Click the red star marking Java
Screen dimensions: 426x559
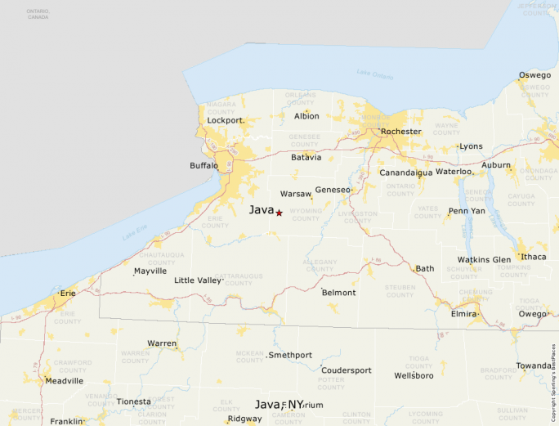(x=279, y=213)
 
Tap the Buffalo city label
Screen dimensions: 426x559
(x=203, y=166)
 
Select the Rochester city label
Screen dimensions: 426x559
(x=401, y=132)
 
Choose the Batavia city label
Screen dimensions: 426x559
(x=306, y=157)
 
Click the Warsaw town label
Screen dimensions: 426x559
(x=295, y=195)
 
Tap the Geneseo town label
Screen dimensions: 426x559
(x=332, y=190)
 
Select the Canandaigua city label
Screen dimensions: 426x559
(x=405, y=173)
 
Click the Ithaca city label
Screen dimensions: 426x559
(x=534, y=257)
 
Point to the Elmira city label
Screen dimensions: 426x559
(x=464, y=313)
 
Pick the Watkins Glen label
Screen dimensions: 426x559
(x=484, y=260)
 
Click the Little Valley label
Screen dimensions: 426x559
(x=198, y=280)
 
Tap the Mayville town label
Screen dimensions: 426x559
(x=150, y=271)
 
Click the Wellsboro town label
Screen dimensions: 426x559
(x=414, y=375)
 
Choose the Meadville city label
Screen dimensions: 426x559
(x=65, y=381)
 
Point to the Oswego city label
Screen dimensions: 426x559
(x=534, y=75)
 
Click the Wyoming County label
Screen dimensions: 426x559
(x=306, y=214)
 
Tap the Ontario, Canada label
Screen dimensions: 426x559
(x=38, y=14)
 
